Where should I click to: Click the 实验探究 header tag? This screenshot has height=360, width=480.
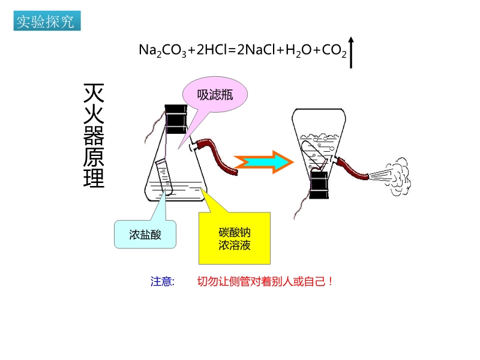(46, 22)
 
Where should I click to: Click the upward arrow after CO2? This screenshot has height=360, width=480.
(352, 52)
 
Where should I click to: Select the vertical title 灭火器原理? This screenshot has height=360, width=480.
(94, 136)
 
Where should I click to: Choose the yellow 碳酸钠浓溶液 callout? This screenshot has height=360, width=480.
(235, 238)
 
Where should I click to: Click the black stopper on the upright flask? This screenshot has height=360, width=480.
(176, 119)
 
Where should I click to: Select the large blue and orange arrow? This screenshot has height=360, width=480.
(264, 161)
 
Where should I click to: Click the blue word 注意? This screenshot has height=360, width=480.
(162, 281)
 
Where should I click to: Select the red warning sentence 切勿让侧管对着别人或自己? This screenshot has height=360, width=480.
(265, 281)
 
